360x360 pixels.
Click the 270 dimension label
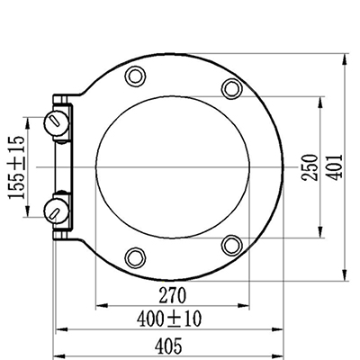[173, 295]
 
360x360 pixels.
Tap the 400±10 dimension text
[169, 319]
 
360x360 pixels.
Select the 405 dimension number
[168, 346]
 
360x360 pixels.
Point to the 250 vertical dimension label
[310, 167]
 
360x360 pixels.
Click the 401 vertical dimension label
[334, 167]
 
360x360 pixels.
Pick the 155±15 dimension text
[16, 167]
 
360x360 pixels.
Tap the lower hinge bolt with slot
[57, 211]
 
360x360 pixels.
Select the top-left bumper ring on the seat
[135, 76]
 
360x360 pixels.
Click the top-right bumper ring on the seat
[232, 88]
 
